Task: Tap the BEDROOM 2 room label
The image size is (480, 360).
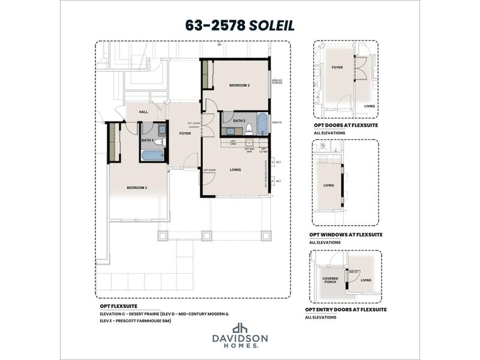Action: pos(239,86)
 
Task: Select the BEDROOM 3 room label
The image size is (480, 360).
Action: pos(137,188)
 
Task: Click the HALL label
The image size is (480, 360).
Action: pos(143,112)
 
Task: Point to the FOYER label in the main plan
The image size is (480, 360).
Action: pos(185,133)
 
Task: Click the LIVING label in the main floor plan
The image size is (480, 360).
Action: pos(235,170)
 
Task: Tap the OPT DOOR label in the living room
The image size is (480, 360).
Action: pos(208,170)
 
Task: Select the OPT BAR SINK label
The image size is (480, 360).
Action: pos(249,149)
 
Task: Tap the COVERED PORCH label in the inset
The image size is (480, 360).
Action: pos(331,280)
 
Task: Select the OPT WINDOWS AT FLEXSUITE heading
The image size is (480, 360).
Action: pos(346,235)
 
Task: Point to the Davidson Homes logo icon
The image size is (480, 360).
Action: pos(240,328)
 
